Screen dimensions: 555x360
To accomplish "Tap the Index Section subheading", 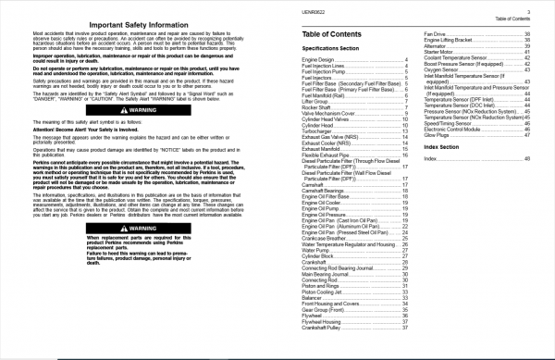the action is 449,147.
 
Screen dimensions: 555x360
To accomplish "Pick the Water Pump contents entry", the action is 314,248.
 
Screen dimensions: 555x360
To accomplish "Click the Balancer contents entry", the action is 312,297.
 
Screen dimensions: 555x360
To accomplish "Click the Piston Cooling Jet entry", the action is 322,292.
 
